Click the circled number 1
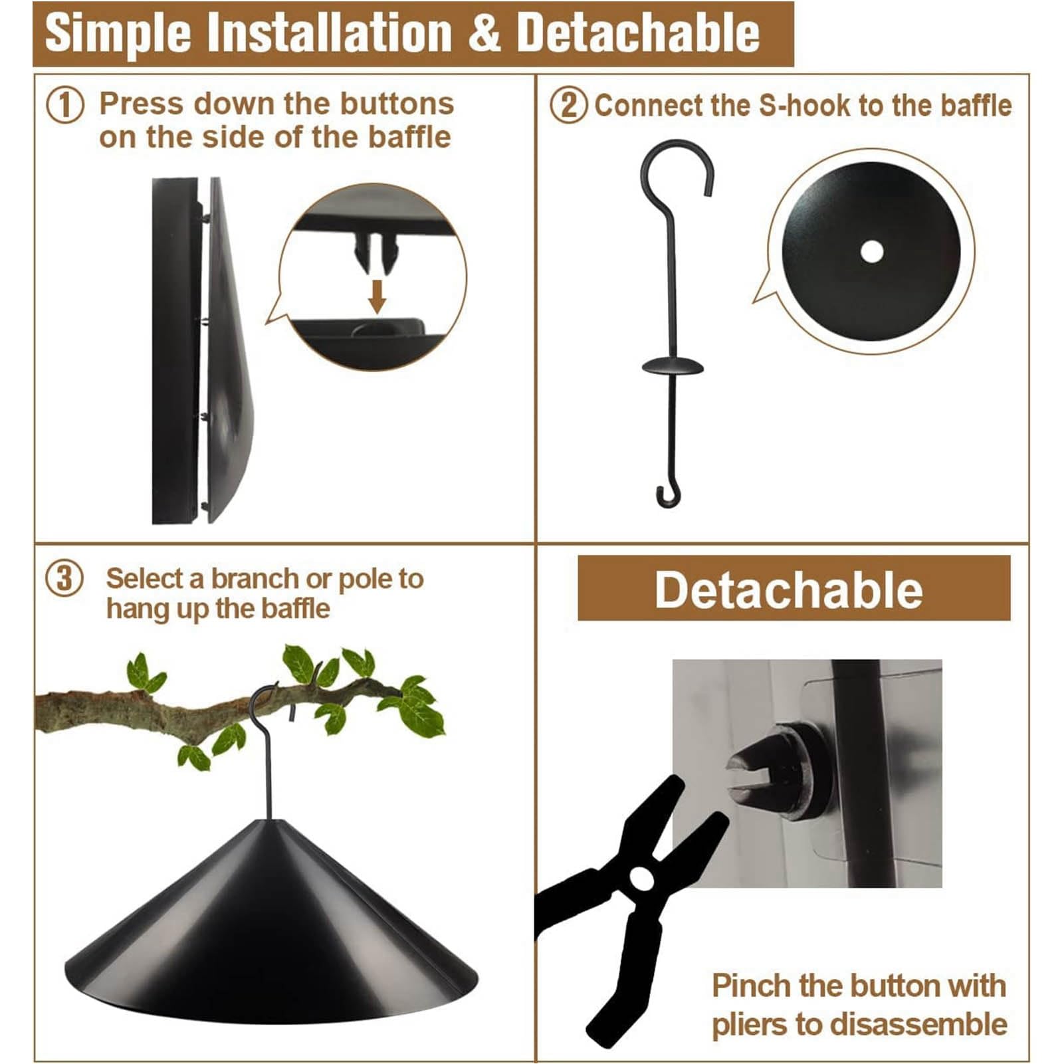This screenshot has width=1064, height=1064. [x=65, y=105]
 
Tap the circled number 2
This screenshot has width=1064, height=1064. [x=568, y=105]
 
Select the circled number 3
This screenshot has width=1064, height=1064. [x=64, y=579]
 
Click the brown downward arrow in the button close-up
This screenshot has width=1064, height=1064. [x=377, y=296]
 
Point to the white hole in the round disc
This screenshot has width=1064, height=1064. [x=871, y=252]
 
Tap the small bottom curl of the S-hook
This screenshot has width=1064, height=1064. [x=668, y=495]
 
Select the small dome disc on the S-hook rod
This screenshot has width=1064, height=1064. [x=672, y=365]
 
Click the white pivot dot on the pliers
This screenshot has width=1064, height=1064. [x=641, y=879]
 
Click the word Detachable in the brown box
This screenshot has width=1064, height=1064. [x=789, y=589]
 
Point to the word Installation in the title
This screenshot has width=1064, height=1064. [x=329, y=33]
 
